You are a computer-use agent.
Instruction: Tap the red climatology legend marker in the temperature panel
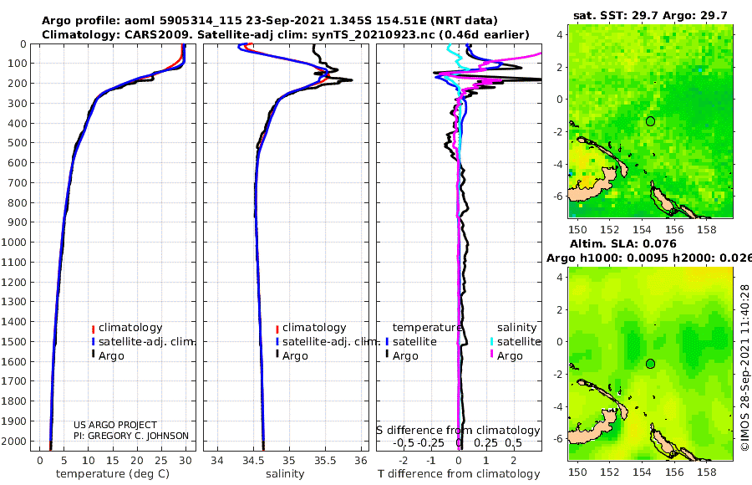[94, 328]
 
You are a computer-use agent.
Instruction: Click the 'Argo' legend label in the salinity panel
[295, 356]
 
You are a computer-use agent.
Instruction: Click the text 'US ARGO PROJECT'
[115, 425]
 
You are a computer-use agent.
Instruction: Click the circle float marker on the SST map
[650, 121]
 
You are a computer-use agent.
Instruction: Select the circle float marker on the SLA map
[650, 364]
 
